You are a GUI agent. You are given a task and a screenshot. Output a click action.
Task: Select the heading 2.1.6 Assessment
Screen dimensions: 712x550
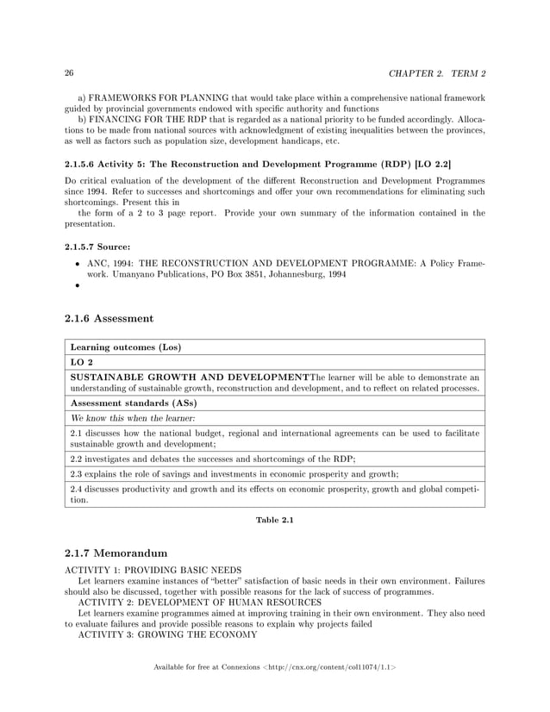point(109,318)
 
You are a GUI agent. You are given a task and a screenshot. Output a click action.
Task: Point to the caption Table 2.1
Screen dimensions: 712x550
point(274,520)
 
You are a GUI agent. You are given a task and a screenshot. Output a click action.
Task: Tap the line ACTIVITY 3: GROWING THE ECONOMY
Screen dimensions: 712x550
point(168,635)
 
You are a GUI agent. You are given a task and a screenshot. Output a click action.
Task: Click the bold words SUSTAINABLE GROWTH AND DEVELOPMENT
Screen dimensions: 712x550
point(189,377)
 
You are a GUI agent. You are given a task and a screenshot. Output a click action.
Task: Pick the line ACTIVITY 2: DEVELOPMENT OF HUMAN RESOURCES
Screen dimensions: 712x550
point(200,603)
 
